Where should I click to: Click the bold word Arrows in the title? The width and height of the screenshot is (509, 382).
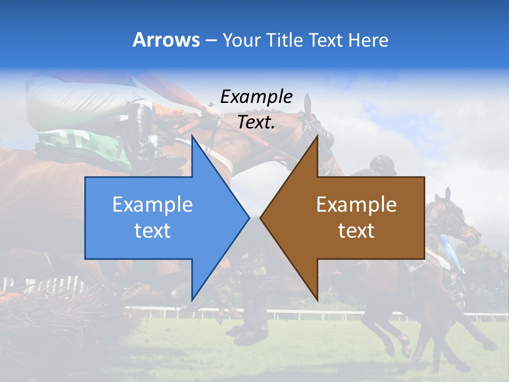point(166,40)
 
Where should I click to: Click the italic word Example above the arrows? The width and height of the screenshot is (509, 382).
point(256,97)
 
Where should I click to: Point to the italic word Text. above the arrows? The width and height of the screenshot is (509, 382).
point(256,122)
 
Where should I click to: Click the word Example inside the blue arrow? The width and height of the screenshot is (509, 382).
point(153,204)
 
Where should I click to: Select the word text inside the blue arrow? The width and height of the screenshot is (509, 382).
point(153,231)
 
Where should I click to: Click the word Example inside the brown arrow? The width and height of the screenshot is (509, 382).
point(356,204)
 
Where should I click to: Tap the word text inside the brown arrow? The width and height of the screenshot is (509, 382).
point(356,231)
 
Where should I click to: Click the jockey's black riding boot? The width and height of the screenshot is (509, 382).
point(141,130)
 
